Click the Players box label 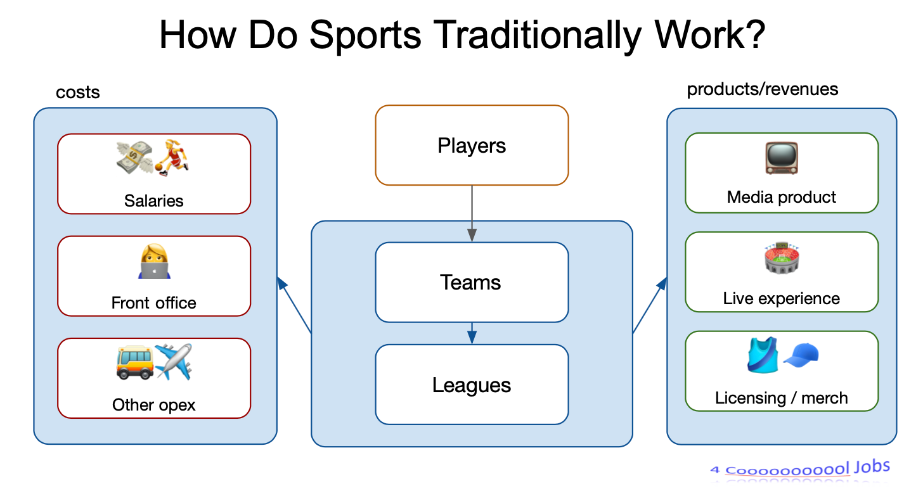472,146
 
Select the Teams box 472,282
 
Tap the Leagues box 472,385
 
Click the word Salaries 153,201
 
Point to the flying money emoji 134,158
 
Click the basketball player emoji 172,158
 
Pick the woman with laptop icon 154,262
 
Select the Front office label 153,303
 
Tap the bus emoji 135,362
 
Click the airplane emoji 174,362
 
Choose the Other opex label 153,405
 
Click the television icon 782,158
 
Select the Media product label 782,197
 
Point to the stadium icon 782,259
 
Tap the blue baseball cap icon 801,355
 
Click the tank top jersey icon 763,355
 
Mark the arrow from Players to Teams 472,214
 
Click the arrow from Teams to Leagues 472,333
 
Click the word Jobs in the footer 872,467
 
